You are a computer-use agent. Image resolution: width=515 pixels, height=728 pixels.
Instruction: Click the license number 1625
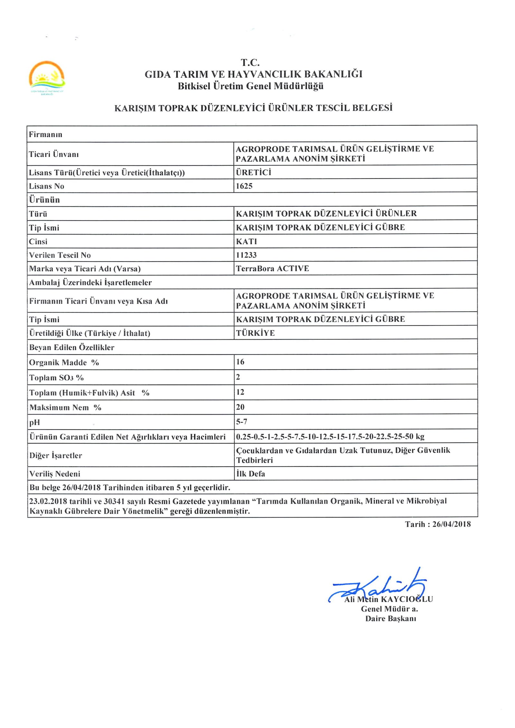[244, 186]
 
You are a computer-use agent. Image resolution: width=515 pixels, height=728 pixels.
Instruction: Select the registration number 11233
[246, 255]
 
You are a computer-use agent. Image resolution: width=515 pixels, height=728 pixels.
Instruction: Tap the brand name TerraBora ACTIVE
[272, 268]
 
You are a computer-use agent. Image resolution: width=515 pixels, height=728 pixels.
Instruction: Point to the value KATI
[246, 241]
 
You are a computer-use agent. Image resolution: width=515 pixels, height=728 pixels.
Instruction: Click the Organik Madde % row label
[64, 362]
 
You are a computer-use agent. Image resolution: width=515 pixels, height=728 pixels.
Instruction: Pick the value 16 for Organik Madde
[240, 362]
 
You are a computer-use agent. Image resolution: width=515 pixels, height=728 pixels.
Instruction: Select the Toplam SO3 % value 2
[238, 377]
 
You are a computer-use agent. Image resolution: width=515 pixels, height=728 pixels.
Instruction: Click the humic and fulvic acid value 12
[240, 392]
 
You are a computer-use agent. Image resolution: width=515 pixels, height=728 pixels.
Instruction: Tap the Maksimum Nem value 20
[240, 407]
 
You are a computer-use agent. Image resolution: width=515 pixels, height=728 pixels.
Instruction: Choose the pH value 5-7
[241, 422]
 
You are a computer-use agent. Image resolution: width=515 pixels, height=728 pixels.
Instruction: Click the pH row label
[34, 423]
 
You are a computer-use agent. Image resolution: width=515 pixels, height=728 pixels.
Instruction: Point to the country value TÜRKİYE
[255, 333]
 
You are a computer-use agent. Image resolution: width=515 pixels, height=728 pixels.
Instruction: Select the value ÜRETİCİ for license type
[253, 172]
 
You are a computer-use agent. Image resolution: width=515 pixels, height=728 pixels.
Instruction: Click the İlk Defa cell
[250, 473]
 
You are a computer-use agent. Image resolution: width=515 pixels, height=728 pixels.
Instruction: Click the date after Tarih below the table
[451, 524]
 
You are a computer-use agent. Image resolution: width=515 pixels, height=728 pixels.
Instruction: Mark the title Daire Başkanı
[390, 618]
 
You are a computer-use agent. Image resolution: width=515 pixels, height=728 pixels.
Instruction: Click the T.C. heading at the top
[250, 62]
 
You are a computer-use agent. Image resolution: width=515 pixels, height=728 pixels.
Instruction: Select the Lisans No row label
[46, 186]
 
